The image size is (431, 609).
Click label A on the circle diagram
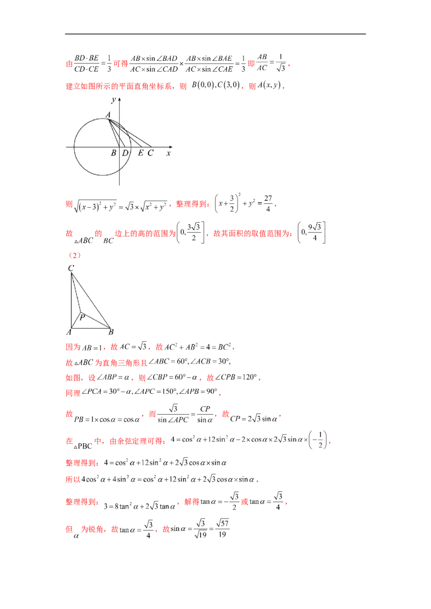(108, 115)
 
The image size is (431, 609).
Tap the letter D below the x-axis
(125, 153)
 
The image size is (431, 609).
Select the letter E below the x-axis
(141, 153)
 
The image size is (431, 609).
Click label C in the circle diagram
(150, 153)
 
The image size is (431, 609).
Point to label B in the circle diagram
(114, 153)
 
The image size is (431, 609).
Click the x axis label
(168, 153)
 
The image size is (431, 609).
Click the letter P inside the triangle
(82, 318)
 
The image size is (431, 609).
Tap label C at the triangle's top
(71, 267)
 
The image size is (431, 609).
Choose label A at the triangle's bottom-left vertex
(68, 332)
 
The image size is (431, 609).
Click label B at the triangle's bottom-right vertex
(111, 332)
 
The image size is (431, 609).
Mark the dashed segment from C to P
(75, 292)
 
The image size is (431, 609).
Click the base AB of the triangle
(90, 328)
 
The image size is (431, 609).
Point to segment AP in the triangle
(75, 320)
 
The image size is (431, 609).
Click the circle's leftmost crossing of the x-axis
(74, 146)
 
